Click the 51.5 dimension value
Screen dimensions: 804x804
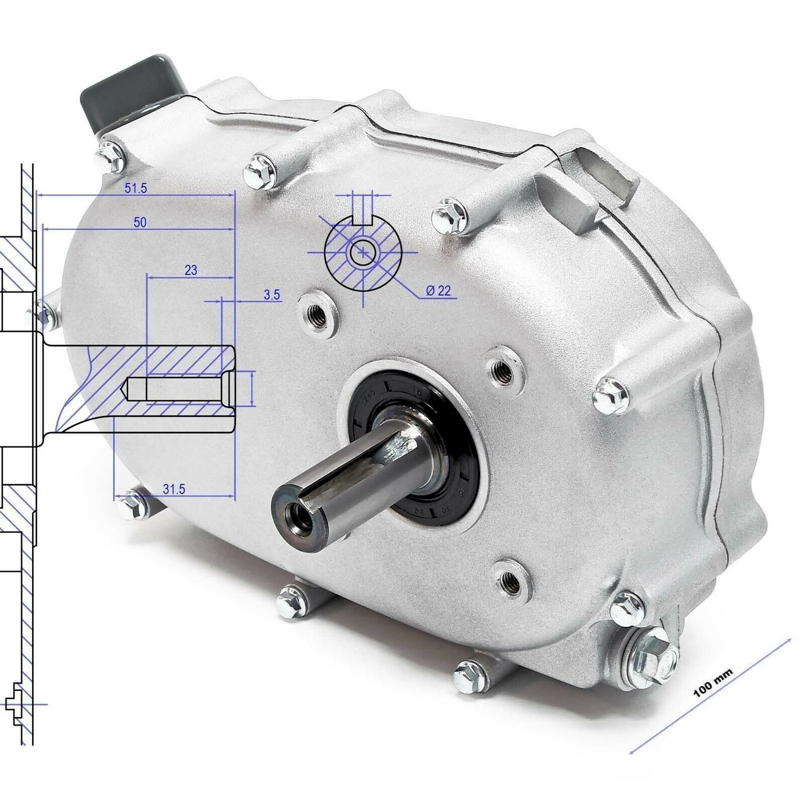coord(136,188)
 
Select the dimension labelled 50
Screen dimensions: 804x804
coord(140,222)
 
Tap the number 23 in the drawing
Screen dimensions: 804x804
coord(191,270)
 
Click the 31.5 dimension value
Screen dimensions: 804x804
coord(173,489)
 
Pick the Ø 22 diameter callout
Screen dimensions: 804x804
coord(438,291)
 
